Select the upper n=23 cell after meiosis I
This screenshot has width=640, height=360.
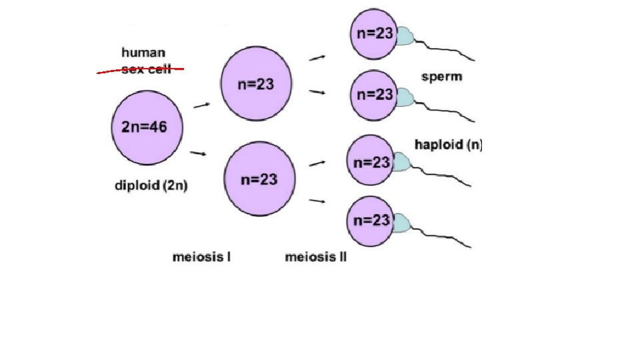[256, 84]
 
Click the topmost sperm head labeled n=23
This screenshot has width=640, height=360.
[373, 34]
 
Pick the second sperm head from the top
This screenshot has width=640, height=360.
[373, 94]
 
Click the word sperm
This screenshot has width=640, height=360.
[441, 77]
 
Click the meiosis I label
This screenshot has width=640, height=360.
[201, 257]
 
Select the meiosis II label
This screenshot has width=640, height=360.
[315, 257]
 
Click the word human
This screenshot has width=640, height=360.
[143, 52]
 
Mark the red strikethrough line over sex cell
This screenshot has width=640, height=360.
[140, 69]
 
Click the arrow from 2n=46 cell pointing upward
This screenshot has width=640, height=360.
[202, 105]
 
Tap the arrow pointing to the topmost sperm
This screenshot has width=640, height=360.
[317, 58]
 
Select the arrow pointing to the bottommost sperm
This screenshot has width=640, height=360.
[317, 200]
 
